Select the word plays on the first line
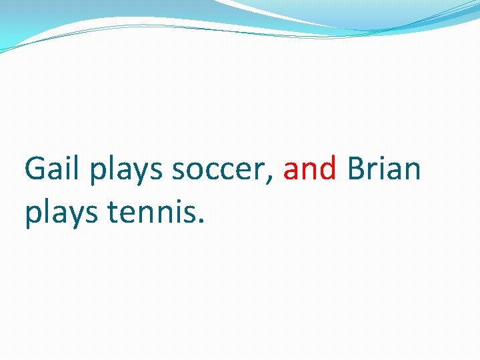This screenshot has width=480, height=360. (127, 171)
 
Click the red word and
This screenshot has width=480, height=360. (310, 170)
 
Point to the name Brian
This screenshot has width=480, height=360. (384, 170)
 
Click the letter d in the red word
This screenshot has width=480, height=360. (327, 170)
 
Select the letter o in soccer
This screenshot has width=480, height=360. (198, 173)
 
